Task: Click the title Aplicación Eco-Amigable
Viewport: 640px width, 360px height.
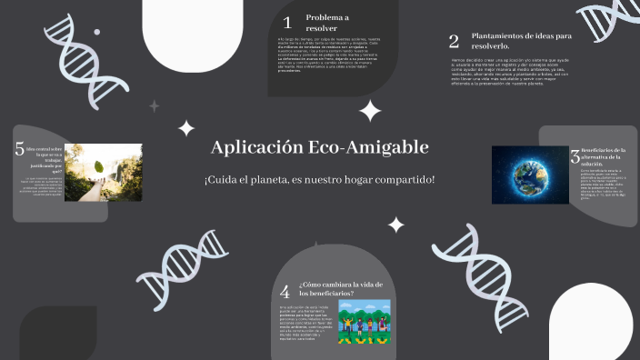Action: (319, 147)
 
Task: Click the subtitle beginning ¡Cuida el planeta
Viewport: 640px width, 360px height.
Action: (319, 179)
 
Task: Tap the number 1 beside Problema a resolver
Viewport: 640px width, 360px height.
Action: (287, 23)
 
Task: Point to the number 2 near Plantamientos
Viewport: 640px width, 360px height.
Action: (454, 41)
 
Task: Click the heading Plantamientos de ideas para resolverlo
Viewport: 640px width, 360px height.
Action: (521, 41)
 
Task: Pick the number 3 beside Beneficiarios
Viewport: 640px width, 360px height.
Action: (575, 156)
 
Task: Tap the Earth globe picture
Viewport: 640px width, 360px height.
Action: (530, 175)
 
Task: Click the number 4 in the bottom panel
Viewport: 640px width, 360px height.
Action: (285, 292)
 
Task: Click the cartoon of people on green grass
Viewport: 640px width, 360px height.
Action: (364, 322)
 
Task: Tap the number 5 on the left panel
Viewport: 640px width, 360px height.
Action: (19, 150)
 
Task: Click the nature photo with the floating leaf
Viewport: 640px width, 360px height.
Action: (103, 172)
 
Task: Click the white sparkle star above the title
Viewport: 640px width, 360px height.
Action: (369, 112)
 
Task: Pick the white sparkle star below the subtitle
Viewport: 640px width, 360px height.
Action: (396, 224)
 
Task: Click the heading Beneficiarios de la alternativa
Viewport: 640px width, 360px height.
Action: (603, 156)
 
